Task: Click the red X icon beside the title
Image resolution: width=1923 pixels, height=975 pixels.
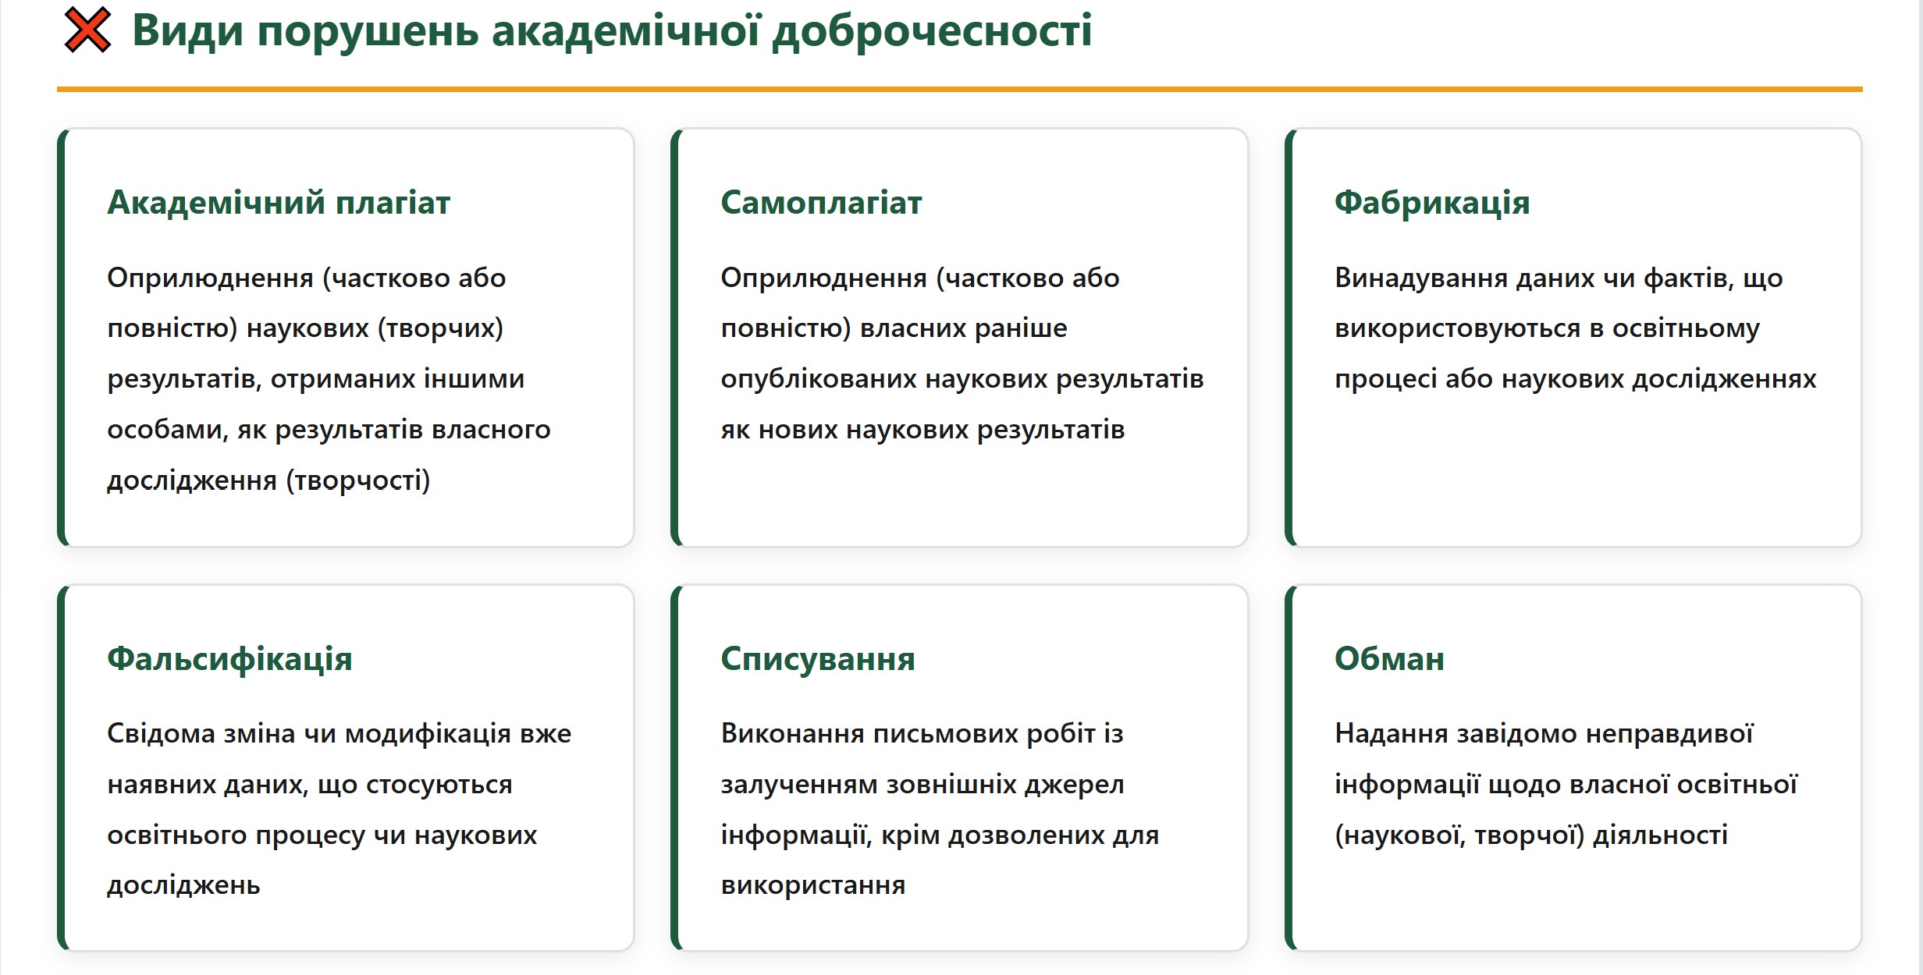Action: tap(87, 30)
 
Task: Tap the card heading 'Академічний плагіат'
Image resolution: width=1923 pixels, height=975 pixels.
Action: tap(279, 202)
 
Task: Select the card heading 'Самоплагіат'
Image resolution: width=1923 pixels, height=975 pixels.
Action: tap(821, 203)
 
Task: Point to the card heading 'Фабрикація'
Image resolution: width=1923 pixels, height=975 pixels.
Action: tap(1432, 203)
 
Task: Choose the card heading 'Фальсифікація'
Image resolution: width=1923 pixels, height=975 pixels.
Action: tap(229, 659)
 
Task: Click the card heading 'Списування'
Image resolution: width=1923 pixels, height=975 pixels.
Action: tap(818, 659)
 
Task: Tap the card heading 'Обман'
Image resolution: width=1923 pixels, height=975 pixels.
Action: tap(1389, 659)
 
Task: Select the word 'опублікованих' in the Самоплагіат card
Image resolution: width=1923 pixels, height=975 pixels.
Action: tap(818, 379)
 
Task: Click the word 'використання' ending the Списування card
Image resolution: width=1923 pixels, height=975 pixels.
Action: tap(813, 886)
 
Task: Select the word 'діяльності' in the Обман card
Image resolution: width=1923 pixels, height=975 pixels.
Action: tap(1660, 835)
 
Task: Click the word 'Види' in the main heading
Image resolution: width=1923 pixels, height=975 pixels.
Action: tap(188, 31)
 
